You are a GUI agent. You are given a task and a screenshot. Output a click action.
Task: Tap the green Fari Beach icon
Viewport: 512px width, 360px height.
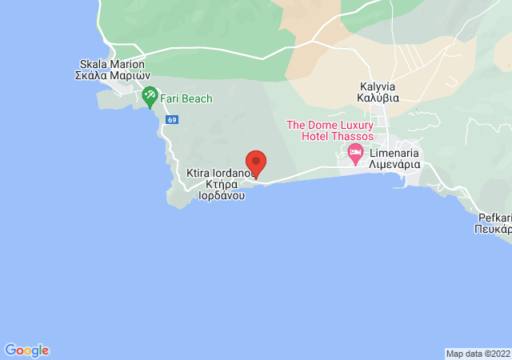point(150,98)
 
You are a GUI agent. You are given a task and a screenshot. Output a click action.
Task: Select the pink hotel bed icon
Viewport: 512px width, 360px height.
point(355,151)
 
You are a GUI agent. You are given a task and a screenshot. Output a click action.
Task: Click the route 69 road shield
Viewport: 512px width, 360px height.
point(172,120)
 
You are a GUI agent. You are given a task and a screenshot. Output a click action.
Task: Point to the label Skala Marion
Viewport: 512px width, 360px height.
point(113,65)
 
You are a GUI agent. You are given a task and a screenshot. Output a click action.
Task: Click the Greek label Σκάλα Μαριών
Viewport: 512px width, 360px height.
point(113,76)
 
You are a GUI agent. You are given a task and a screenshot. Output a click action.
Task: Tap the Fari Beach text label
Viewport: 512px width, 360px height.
point(186,98)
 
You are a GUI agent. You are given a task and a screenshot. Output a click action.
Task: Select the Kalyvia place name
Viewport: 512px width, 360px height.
point(378,87)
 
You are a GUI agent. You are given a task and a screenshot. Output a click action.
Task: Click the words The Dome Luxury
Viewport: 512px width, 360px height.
point(330,126)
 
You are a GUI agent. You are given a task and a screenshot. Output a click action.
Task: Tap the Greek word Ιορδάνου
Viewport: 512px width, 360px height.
point(221,194)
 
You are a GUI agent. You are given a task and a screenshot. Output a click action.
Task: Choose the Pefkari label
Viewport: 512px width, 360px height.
point(494,217)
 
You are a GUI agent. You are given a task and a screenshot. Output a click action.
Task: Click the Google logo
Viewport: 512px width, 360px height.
point(26,350)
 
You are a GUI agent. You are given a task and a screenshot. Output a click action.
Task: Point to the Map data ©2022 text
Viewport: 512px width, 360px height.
point(477,354)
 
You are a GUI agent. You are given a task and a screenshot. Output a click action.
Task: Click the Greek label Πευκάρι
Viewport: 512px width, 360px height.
point(493,228)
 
